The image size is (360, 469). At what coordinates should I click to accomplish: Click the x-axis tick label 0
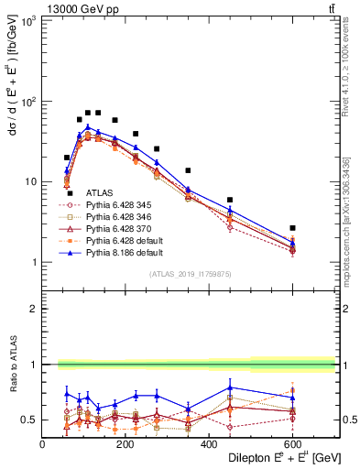42,444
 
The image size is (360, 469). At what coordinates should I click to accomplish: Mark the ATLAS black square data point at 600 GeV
292,228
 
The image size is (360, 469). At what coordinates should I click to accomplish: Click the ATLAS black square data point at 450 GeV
230,200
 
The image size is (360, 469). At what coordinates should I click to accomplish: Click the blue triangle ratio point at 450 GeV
230,387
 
